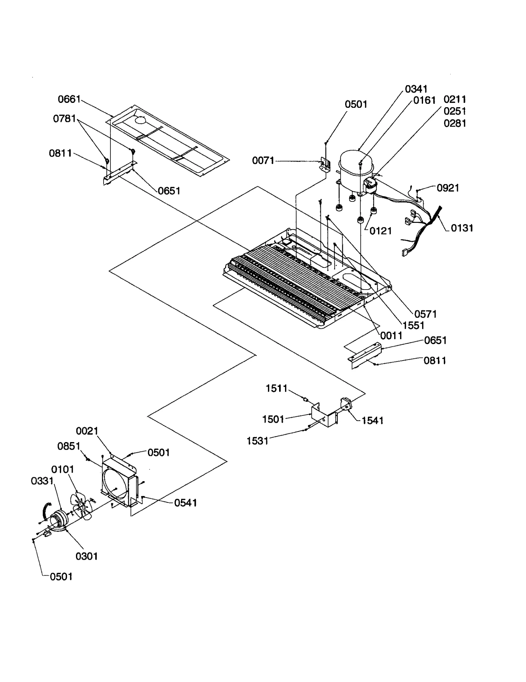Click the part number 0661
69,99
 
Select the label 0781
64,118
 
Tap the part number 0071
263,160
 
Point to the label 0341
416,89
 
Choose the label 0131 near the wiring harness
462,228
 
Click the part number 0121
381,231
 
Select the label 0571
425,314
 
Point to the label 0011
391,336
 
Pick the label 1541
372,420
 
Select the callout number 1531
258,441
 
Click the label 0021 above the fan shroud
87,431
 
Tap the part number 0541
185,503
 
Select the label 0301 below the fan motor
87,556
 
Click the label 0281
455,123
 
